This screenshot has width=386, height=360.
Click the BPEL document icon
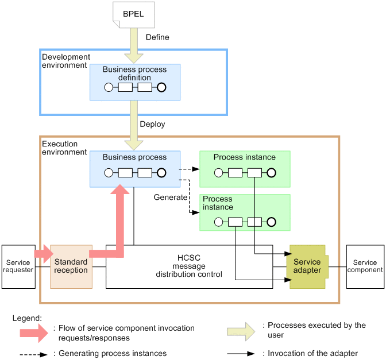coord(134,14)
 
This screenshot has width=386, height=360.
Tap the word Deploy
coord(152,124)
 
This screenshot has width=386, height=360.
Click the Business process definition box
coord(135,82)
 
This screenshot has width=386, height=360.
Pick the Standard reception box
coord(71,266)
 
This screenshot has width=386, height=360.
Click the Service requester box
coord(18,266)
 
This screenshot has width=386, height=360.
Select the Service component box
coord(365,266)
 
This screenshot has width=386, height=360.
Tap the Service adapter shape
coord(307,266)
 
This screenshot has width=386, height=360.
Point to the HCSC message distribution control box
coord(189,266)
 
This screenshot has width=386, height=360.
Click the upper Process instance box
coord(244,169)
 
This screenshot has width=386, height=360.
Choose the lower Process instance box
coord(244,212)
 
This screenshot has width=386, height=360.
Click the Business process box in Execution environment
coord(135,168)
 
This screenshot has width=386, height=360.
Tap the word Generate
coord(171,197)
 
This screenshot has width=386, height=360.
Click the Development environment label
coord(66,61)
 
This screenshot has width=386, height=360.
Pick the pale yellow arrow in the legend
coord(241,330)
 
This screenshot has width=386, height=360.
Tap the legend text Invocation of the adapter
coord(311,354)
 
